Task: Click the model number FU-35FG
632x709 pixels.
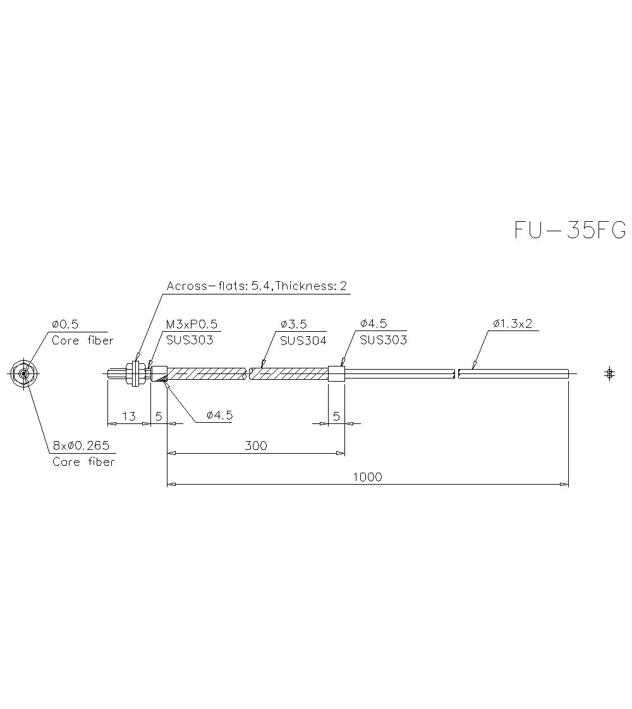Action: click(569, 230)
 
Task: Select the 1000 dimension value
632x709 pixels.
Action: click(367, 477)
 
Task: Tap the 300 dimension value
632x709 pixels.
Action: click(255, 445)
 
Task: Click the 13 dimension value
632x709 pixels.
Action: click(128, 416)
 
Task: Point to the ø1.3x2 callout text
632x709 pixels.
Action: click(512, 324)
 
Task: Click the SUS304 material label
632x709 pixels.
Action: click(303, 340)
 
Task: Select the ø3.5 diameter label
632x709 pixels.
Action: click(293, 324)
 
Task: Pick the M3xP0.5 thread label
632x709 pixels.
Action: click(191, 324)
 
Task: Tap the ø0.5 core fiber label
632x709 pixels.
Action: click(65, 324)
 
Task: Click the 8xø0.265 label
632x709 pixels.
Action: click(81, 446)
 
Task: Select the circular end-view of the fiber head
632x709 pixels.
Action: click(23, 373)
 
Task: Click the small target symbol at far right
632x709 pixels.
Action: click(609, 373)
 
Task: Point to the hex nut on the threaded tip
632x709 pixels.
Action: click(134, 373)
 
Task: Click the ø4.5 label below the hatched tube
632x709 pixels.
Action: click(219, 415)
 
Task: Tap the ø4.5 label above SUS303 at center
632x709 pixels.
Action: click(374, 324)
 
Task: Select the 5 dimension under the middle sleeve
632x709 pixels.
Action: click(336, 416)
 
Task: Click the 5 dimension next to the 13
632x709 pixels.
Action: click(159, 416)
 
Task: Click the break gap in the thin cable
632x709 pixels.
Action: click(456, 373)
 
